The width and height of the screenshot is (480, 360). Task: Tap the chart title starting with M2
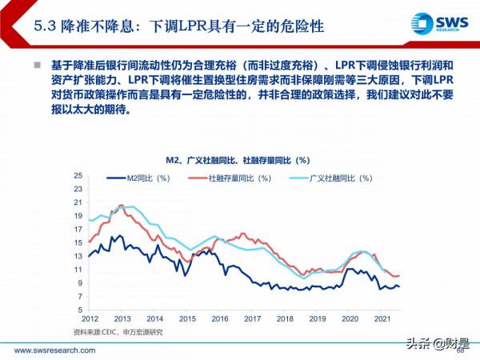[238, 160]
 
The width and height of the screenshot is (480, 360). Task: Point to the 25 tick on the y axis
[78, 175]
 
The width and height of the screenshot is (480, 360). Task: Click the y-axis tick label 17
[78, 229]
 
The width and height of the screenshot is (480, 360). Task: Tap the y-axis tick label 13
[78, 256]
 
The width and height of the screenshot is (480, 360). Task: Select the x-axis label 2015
[187, 318]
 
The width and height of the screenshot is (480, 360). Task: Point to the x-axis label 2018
[286, 318]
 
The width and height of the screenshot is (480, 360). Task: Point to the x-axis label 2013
[122, 318]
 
